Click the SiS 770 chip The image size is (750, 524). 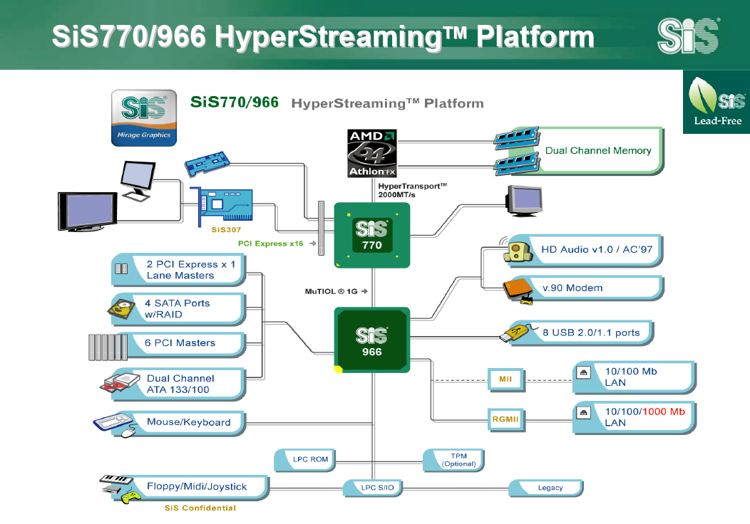tap(372, 235)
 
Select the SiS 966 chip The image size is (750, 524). tap(372, 340)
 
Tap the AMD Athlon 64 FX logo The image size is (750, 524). tap(371, 152)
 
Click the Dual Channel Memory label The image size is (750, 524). tap(598, 151)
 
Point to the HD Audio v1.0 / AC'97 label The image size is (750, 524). tap(592, 250)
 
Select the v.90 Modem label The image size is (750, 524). tap(572, 288)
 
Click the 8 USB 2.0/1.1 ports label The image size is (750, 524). tap(591, 332)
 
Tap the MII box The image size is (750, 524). tap(505, 379)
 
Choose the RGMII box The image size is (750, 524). tap(505, 419)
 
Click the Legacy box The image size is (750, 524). tap(550, 488)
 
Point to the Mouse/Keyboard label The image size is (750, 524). tap(188, 422)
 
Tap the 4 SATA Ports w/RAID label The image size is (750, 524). tap(178, 308)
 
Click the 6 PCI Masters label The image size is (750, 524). tap(180, 343)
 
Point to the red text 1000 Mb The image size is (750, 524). tap(663, 412)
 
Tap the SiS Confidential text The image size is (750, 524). tap(200, 508)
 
